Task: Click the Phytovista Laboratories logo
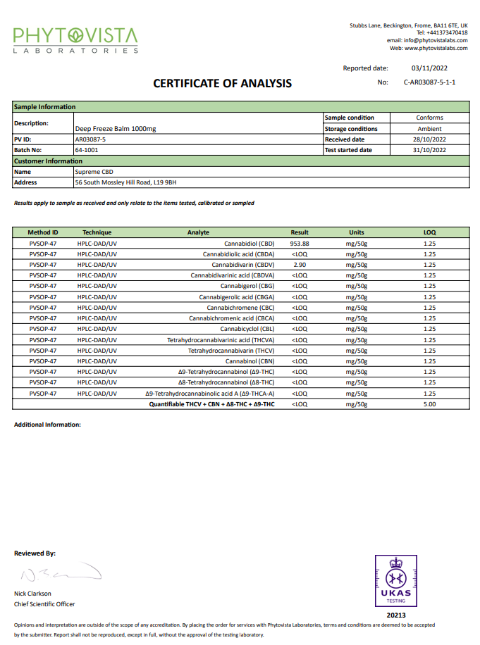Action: (76, 39)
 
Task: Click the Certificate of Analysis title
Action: (222, 84)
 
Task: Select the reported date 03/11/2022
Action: (429, 68)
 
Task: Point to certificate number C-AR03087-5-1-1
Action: (429, 82)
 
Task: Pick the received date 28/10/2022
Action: (429, 139)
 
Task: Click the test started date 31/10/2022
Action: (429, 150)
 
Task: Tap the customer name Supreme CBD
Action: (94, 172)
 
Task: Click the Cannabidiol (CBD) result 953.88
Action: (300, 243)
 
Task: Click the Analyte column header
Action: (198, 232)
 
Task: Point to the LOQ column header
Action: (429, 232)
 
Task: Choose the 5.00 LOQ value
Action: (429, 404)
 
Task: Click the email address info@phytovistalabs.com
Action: (435, 40)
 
